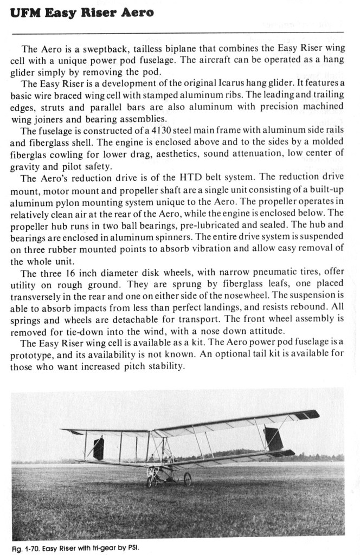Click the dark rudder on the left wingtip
click(99, 449)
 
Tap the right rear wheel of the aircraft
click(188, 479)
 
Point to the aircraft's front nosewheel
click(149, 481)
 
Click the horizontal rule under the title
click(179, 34)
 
